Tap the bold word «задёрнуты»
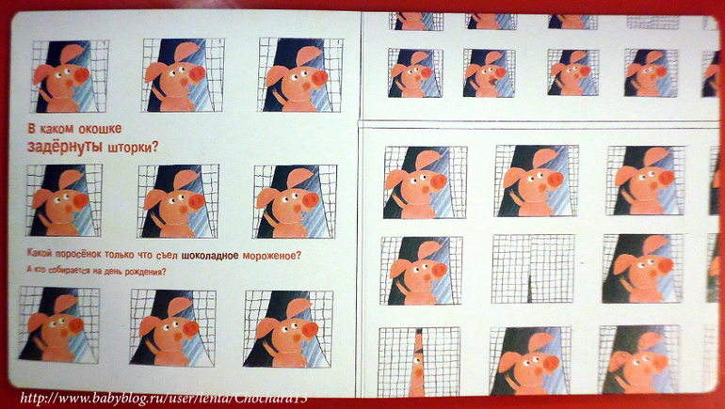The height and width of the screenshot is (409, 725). coord(65,147)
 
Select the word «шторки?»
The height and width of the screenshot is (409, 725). coord(133,148)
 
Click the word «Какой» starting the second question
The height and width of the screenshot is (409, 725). coord(39,255)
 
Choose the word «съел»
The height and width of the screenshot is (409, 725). coord(169,256)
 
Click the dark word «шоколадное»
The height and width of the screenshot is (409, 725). coord(210,256)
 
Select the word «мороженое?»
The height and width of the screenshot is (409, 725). coord(272,256)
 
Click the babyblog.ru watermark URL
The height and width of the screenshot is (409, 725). coord(164,398)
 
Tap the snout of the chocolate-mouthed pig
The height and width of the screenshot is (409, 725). coord(500,73)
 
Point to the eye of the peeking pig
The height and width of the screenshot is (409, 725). coord(419,354)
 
